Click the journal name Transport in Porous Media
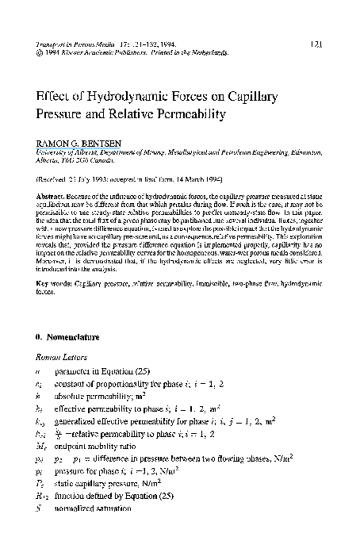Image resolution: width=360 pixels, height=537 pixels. (x=71, y=45)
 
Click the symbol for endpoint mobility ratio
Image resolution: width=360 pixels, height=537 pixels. (x=43, y=444)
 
